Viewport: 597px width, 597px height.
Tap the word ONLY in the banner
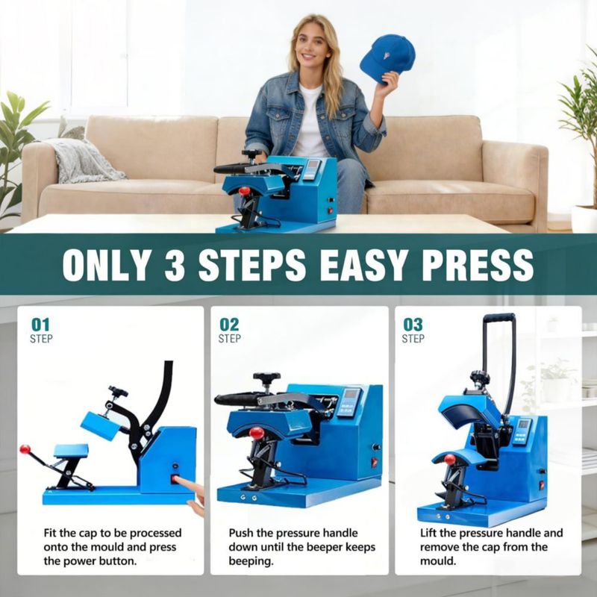pyautogui.click(x=105, y=266)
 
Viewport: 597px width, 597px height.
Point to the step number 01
pyautogui.click(x=40, y=325)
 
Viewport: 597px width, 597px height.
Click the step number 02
pyautogui.click(x=229, y=325)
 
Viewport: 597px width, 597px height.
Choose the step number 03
pyautogui.click(x=413, y=325)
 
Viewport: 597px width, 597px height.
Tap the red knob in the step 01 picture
pyautogui.click(x=25, y=449)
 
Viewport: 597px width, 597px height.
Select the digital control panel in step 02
pyautogui.click(x=347, y=402)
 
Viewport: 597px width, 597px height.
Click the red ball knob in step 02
pyautogui.click(x=257, y=434)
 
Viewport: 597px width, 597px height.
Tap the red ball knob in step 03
pyautogui.click(x=450, y=459)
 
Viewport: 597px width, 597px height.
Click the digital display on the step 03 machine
pyautogui.click(x=523, y=424)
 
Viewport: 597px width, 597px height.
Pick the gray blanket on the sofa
pyautogui.click(x=82, y=160)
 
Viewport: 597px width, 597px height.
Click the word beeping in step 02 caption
pyautogui.click(x=251, y=561)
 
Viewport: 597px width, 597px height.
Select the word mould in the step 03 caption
pyautogui.click(x=438, y=561)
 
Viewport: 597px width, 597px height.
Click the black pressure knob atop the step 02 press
pyautogui.click(x=266, y=377)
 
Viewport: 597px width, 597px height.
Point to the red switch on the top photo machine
pyautogui.click(x=330, y=210)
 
